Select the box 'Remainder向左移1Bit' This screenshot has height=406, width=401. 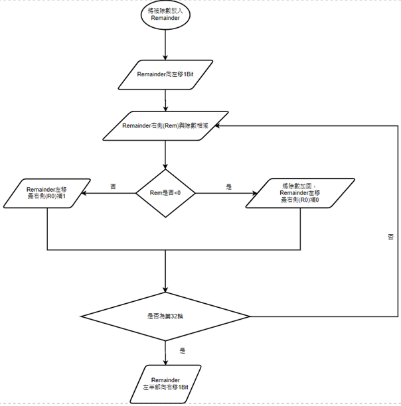(x=165, y=76)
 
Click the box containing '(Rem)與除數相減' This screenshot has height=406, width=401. (x=165, y=125)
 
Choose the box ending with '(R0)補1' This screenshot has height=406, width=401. (x=46, y=193)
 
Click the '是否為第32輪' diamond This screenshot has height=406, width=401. (x=165, y=316)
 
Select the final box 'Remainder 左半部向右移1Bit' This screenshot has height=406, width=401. (x=165, y=383)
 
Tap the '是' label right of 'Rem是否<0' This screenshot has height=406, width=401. (x=228, y=187)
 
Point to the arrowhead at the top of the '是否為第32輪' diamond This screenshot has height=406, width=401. (x=165, y=289)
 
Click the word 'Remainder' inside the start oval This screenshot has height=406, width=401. (x=165, y=19)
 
